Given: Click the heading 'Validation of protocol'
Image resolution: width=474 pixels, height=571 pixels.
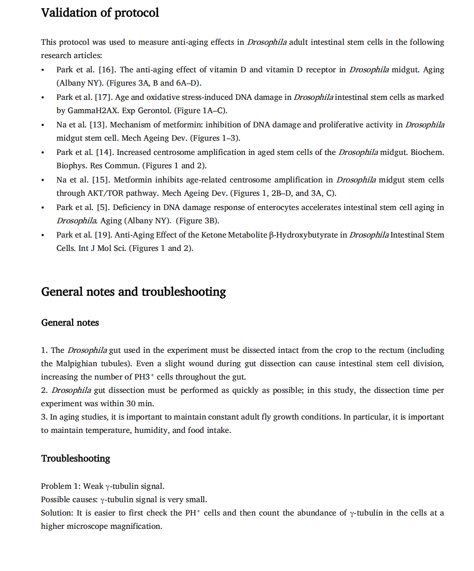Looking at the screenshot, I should point(100,13).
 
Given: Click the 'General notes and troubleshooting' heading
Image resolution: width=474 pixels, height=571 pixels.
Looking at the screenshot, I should point(134,292).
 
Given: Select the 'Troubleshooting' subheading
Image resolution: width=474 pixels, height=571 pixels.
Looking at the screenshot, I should point(76,458).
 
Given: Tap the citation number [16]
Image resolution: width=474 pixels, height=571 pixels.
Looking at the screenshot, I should point(106,70).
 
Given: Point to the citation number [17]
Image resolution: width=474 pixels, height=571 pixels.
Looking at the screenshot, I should point(103,97).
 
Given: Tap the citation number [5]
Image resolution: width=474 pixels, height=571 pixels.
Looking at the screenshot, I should point(103,207).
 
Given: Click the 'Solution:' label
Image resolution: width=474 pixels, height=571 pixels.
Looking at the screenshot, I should point(57,513).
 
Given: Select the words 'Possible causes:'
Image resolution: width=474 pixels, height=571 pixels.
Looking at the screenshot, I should point(69,500).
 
